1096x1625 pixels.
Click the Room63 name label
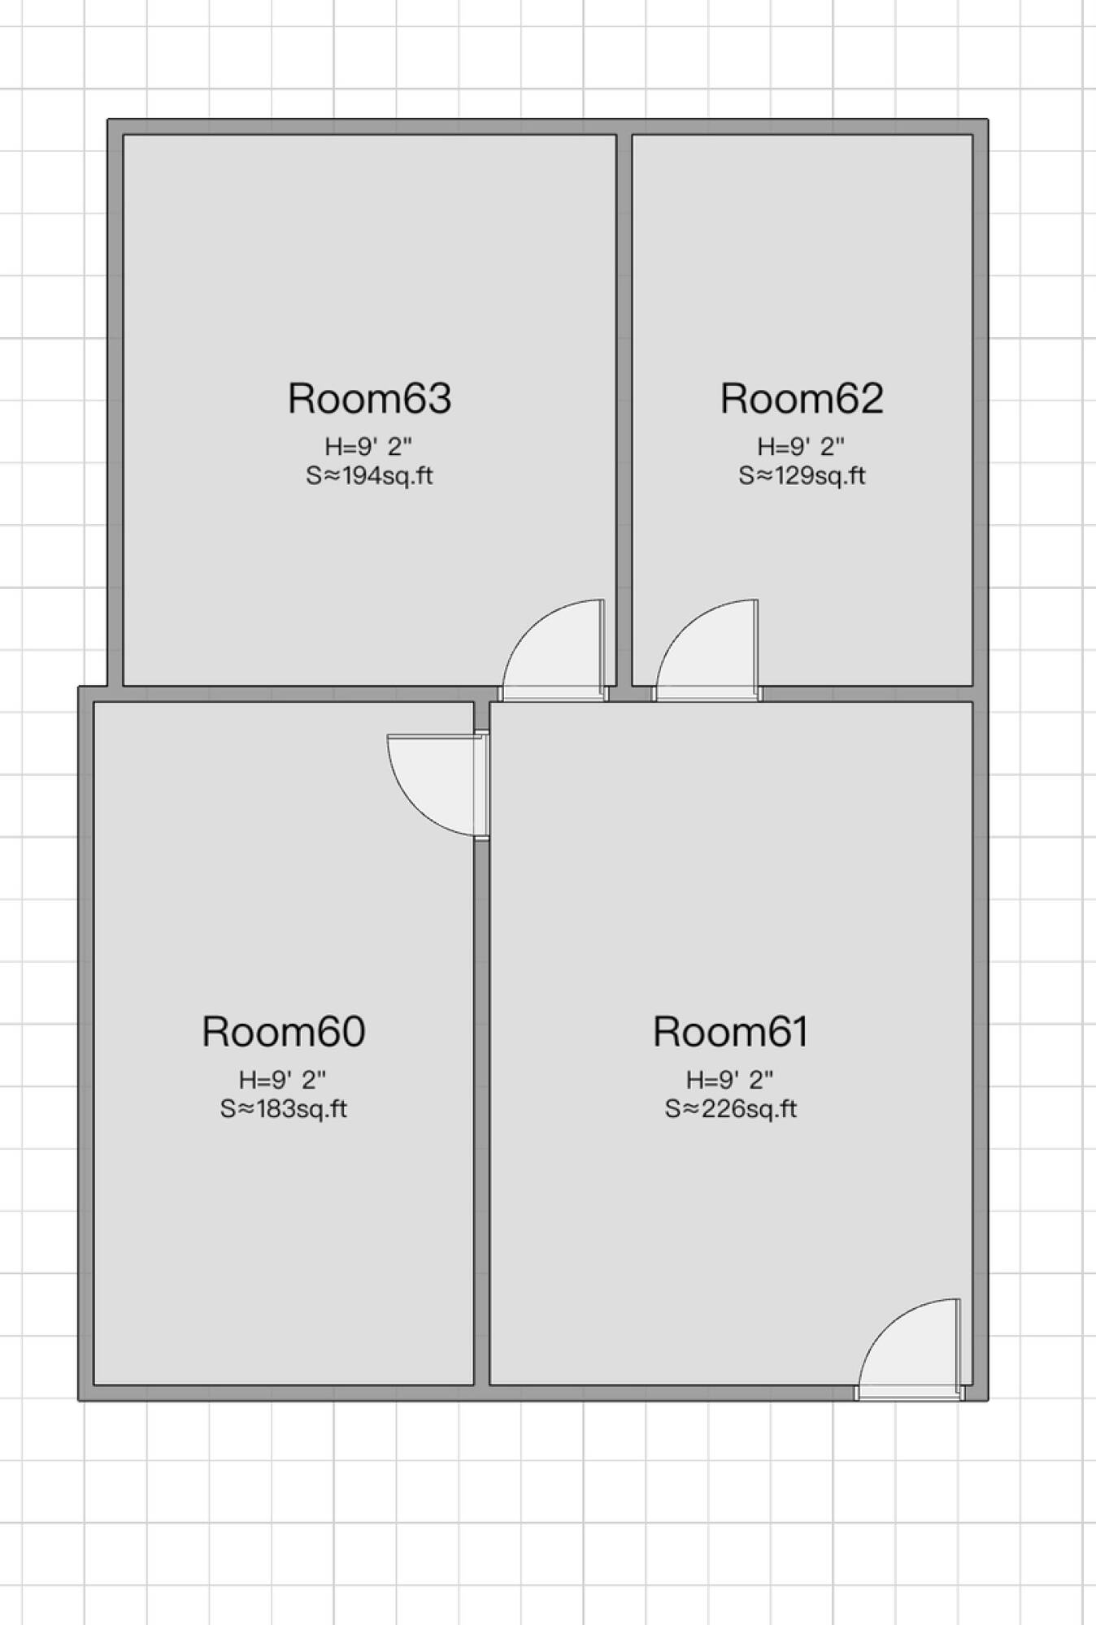click(369, 398)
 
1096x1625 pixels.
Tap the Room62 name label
click(802, 398)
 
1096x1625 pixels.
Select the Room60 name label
click(284, 1031)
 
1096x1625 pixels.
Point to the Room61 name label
click(730, 1031)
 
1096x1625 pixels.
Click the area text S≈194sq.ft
click(369, 475)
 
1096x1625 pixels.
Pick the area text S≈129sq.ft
click(802, 475)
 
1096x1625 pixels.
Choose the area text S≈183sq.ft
click(284, 1108)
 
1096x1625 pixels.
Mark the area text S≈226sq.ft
click(730, 1108)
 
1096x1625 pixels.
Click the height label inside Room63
click(368, 446)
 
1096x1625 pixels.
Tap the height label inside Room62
click(801, 446)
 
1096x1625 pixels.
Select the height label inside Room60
click(282, 1079)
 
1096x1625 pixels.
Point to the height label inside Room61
click(729, 1079)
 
